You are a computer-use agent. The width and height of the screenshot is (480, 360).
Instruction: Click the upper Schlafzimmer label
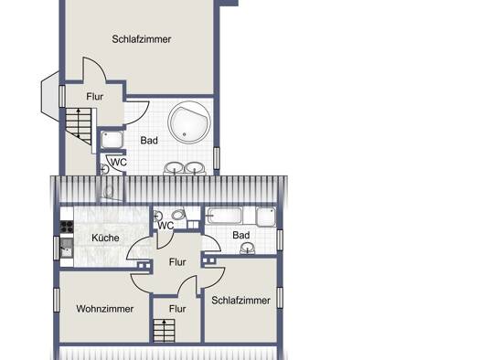coord(142,39)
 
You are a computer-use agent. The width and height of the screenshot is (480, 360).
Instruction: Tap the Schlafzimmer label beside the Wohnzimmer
coord(241,301)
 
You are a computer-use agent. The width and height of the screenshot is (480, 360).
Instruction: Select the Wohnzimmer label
coord(105,309)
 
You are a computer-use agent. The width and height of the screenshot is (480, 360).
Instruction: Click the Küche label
coord(106,238)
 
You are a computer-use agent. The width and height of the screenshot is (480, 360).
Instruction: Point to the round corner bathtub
coord(189,122)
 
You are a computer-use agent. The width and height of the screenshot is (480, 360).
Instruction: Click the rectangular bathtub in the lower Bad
coord(225,216)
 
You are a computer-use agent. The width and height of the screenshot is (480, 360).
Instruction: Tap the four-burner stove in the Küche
coord(67,227)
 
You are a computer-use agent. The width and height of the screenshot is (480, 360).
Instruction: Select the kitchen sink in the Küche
coord(67,248)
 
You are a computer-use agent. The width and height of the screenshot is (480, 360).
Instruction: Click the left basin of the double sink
coord(175,168)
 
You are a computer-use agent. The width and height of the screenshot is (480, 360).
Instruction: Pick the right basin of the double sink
coord(195,168)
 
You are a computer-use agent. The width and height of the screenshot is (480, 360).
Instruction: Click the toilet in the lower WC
coord(178,214)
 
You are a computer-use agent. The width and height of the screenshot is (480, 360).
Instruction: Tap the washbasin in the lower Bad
coord(248,248)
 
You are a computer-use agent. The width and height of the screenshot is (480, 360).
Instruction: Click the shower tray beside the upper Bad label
coord(112,140)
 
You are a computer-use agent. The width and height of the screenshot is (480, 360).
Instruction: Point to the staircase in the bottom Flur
coord(164,331)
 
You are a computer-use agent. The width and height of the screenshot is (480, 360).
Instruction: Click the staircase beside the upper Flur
coord(79,125)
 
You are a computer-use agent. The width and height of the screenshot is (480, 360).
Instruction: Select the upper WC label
coord(119,162)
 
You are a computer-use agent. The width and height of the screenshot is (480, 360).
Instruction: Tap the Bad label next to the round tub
coord(149,141)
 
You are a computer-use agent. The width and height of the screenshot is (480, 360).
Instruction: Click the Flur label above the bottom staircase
coord(177,309)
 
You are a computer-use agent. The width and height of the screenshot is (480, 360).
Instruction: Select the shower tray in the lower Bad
coord(266,217)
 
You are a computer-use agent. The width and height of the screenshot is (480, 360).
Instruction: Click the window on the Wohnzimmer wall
coord(57,300)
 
